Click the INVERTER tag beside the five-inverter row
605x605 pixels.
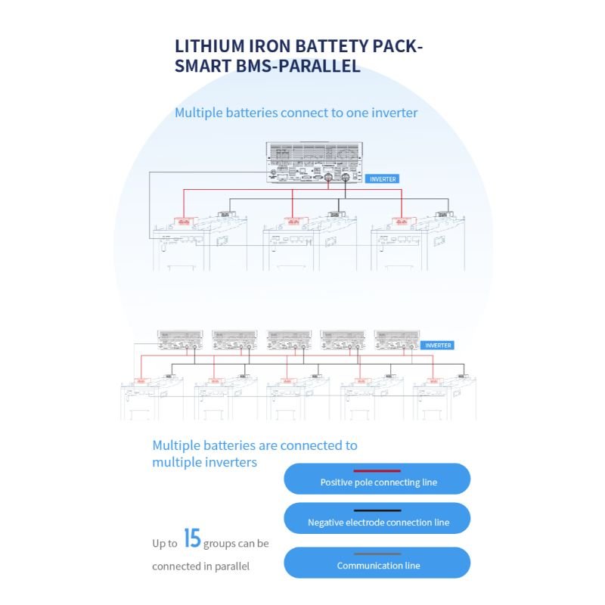pyautogui.click(x=438, y=346)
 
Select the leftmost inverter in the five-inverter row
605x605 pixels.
pyautogui.click(x=180, y=340)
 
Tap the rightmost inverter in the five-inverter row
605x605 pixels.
pyautogui.click(x=397, y=340)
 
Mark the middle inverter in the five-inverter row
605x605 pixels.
pyautogui.click(x=289, y=340)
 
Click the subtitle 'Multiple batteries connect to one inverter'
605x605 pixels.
pyautogui.click(x=296, y=113)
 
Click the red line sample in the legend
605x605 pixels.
pyautogui.click(x=377, y=471)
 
